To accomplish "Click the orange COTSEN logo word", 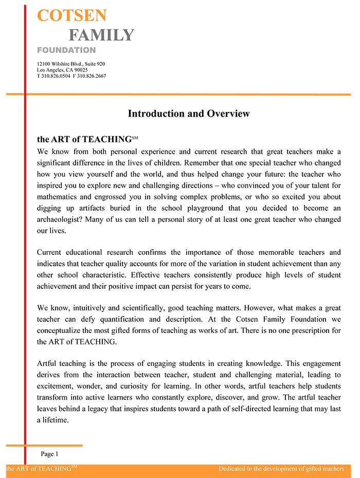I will [72, 15].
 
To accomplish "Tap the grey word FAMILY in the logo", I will [101, 35].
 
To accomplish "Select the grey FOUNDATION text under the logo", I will [66, 50].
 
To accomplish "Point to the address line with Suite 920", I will [71, 64].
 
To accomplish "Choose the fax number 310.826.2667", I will [92, 76].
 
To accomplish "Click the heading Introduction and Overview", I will [189, 114].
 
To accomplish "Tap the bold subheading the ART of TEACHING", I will [85, 139].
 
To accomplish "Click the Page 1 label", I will [50, 454].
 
